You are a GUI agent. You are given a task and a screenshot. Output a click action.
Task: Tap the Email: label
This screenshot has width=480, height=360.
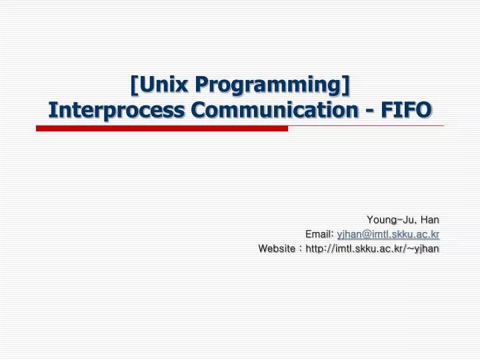click(x=319, y=234)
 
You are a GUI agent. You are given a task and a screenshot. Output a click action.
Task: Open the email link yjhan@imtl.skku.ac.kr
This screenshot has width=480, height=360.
click(x=388, y=234)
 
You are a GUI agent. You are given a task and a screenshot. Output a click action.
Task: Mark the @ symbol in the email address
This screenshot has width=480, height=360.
click(x=364, y=234)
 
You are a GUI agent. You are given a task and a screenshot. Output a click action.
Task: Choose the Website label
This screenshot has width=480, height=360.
click(x=277, y=249)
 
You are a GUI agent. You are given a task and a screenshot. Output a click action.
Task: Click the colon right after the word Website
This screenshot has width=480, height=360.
click(x=300, y=249)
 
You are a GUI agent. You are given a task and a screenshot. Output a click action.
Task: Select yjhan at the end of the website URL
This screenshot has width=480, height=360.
click(x=428, y=249)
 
